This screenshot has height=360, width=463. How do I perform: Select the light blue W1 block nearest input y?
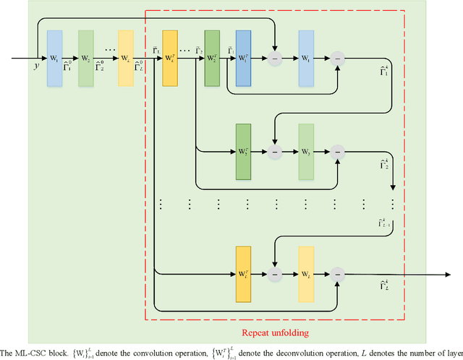pyautogui.click(x=55, y=58)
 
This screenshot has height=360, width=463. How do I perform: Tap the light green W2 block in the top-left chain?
pyautogui.click(x=86, y=58)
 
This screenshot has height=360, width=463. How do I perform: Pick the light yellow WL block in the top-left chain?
pyautogui.click(x=126, y=58)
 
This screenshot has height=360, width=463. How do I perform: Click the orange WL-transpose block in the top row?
pyautogui.click(x=171, y=58)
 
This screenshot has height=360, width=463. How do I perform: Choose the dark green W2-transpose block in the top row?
pyautogui.click(x=212, y=58)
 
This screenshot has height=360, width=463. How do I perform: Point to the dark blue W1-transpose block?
pyautogui.click(x=244, y=58)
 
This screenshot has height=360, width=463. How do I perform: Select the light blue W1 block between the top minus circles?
pyautogui.click(x=306, y=58)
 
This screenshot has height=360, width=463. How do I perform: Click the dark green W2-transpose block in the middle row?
pyautogui.click(x=244, y=153)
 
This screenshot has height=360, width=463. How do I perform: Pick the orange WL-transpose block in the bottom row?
pyautogui.click(x=244, y=274)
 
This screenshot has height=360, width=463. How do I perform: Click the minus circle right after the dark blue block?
pyautogui.click(x=275, y=59)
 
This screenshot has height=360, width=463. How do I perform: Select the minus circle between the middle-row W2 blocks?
pyautogui.click(x=275, y=153)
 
